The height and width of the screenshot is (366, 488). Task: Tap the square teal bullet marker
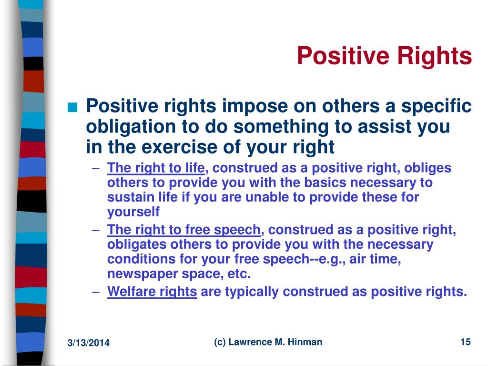pyautogui.click(x=72, y=107)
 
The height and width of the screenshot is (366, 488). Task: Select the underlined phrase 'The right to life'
pyautogui.click(x=156, y=168)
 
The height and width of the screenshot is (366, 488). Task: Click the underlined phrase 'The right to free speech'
pyautogui.click(x=183, y=230)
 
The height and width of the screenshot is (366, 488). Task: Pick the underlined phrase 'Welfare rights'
pyautogui.click(x=152, y=292)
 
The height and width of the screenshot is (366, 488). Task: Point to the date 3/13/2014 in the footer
pyautogui.click(x=88, y=343)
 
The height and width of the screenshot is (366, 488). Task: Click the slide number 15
pyautogui.click(x=465, y=342)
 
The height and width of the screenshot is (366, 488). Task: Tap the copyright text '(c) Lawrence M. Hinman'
pyautogui.click(x=268, y=342)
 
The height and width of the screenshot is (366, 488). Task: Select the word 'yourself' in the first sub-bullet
pyautogui.click(x=133, y=212)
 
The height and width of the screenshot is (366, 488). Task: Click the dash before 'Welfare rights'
pyautogui.click(x=96, y=292)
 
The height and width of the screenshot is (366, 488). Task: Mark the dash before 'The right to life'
pyautogui.click(x=96, y=169)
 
